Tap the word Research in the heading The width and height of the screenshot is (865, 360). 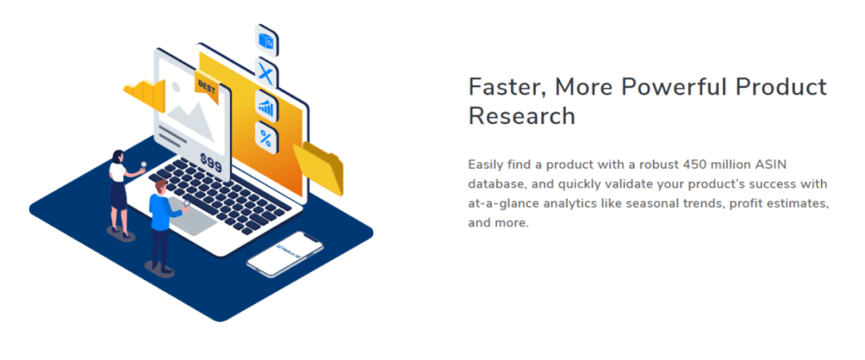point(521,116)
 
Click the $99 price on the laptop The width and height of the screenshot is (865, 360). point(210,162)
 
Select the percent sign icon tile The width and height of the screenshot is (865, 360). point(266,138)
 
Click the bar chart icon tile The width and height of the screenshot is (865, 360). point(266,106)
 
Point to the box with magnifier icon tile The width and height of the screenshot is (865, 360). point(266,41)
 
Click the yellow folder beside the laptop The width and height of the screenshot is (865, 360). point(318,168)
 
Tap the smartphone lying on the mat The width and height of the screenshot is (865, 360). point(285,254)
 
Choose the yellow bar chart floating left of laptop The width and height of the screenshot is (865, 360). point(144,95)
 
